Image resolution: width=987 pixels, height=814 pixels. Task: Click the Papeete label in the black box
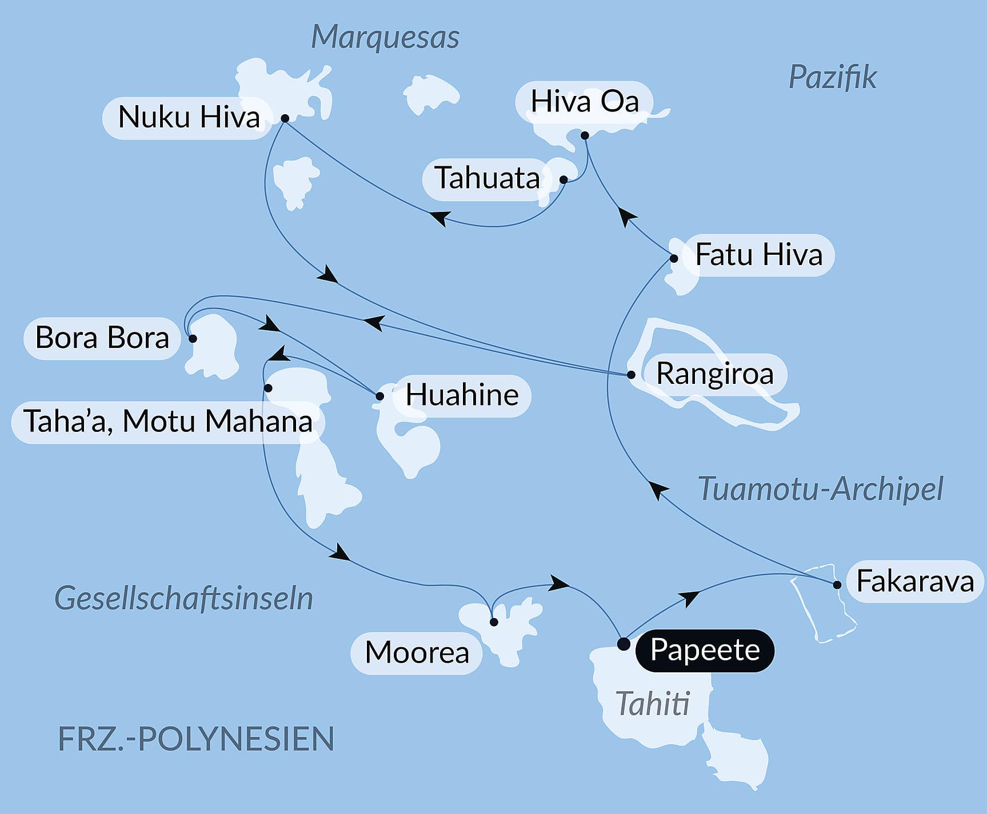tap(705, 650)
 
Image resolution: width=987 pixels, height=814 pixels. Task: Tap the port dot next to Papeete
tap(624, 644)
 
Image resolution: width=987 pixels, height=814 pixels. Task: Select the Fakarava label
tap(914, 582)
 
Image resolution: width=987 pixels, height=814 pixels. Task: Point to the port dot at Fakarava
tap(837, 584)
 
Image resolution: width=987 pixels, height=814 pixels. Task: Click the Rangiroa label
tap(714, 374)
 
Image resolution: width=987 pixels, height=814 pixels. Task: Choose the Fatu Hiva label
tap(758, 255)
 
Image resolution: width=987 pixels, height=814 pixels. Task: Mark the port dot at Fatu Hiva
tap(674, 258)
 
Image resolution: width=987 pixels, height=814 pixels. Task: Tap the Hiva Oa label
tap(584, 102)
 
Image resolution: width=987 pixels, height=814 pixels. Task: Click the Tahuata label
tap(487, 178)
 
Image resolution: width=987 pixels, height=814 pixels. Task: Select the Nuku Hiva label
tap(189, 118)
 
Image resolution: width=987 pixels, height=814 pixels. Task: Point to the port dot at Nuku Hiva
tap(285, 118)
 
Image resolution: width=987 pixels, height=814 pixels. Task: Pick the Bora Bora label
tap(102, 338)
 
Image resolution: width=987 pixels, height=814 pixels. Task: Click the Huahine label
tap(462, 395)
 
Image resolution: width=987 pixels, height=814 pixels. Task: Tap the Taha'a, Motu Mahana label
tap(168, 422)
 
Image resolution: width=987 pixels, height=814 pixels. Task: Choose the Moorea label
tap(417, 652)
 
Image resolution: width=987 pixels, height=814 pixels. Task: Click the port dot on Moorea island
tap(494, 622)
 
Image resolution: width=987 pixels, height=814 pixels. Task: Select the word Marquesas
tap(385, 38)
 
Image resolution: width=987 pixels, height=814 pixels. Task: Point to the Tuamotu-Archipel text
tap(820, 489)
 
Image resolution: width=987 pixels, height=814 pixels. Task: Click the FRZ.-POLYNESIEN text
tap(196, 739)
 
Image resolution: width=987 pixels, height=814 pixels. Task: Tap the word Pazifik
tap(832, 77)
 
